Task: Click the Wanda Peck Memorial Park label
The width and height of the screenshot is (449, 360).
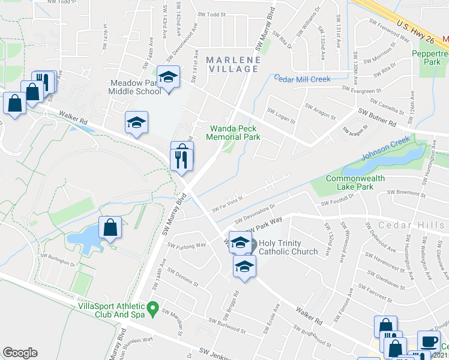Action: pos(234,133)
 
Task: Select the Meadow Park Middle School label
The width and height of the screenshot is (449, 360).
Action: pos(134,87)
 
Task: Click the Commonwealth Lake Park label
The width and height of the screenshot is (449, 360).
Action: pos(358,182)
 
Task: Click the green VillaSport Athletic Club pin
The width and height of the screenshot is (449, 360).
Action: pos(153,310)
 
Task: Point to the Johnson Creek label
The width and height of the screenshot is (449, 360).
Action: pos(385,149)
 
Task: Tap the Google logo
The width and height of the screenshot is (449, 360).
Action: pos(20,353)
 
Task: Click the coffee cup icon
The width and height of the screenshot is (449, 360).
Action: pos(429,341)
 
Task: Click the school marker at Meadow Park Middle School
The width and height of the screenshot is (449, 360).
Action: pos(169,76)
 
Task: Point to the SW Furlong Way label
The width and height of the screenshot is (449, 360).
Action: pos(187,245)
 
